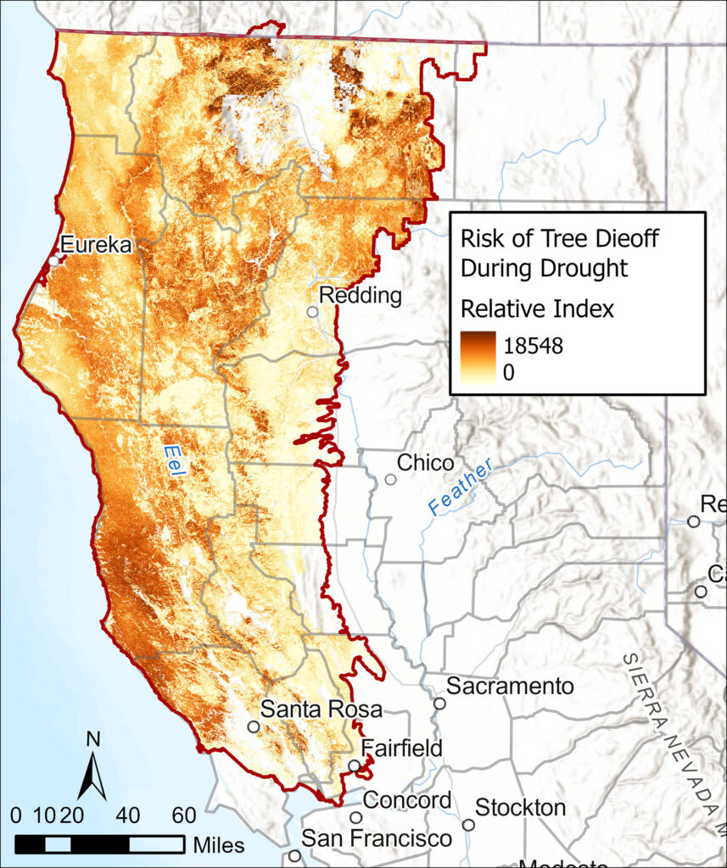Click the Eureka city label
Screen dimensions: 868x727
tap(96, 245)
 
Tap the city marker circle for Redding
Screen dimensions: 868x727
tap(313, 312)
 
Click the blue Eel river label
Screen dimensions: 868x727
tap(173, 460)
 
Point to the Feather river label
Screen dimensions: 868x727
tap(459, 490)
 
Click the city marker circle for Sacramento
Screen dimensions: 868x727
tap(439, 703)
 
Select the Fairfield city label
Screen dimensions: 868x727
tap(401, 748)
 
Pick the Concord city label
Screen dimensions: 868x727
tap(407, 800)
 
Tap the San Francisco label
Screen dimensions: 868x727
tap(377, 838)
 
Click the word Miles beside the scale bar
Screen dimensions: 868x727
tap(219, 844)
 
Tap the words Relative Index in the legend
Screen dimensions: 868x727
tap(536, 309)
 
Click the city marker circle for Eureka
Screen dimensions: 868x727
tap(53, 261)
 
